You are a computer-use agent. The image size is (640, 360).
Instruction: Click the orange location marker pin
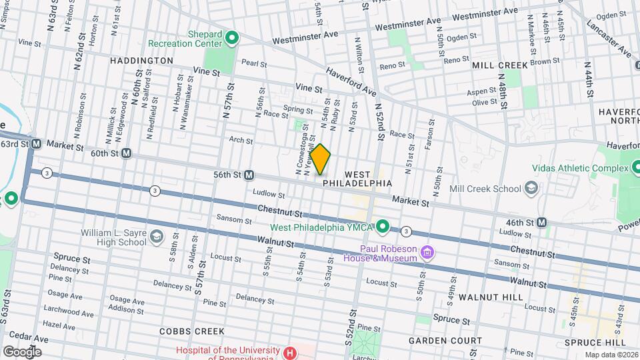[x=321, y=159]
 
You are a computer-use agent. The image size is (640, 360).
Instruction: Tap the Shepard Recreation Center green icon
[x=232, y=38]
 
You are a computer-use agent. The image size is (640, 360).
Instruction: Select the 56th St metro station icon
[x=249, y=175]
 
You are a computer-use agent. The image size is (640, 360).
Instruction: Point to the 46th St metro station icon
[x=541, y=222]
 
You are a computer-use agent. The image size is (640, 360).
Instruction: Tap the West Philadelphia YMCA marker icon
[x=383, y=227]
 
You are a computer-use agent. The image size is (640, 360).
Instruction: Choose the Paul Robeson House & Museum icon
[x=427, y=253]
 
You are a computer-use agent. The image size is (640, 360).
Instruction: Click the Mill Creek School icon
[x=531, y=189]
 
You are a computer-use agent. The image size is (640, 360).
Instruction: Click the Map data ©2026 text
[x=611, y=355]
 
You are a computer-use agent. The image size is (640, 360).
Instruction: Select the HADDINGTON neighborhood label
[x=141, y=61]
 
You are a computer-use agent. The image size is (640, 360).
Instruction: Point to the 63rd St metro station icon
[x=36, y=143]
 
